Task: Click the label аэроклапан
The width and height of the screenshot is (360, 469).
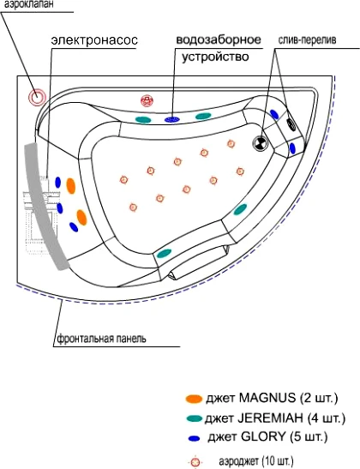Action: point(27,4)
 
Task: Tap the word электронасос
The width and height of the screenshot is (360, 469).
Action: point(94,40)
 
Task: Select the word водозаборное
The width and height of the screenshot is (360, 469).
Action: point(219,39)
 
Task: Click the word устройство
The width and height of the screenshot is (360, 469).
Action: point(215,57)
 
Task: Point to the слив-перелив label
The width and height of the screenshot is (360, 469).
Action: point(307,40)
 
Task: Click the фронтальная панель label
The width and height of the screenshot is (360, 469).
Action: point(102,339)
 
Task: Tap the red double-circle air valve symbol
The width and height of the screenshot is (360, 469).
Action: point(37,97)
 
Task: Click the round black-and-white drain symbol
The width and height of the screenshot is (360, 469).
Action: point(260,143)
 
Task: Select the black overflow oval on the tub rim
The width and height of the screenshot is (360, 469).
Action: point(291,124)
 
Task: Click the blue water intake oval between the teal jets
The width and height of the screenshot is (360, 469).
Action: point(172,120)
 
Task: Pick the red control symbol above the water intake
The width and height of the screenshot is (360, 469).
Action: point(147,100)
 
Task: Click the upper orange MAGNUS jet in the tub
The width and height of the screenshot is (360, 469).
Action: point(71,186)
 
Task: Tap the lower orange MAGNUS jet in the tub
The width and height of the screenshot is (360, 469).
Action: point(81,218)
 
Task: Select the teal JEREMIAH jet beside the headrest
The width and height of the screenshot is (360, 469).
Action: point(165,254)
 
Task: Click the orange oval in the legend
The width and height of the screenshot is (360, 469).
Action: point(194,399)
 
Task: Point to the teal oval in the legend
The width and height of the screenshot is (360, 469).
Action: point(194,418)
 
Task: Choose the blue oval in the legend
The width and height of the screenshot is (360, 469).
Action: point(194,438)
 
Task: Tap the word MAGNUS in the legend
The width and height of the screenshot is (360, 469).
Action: point(267,398)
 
